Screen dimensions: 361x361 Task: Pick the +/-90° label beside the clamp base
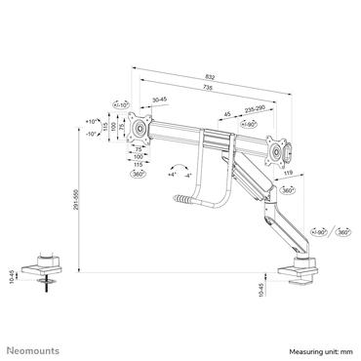[318, 233]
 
